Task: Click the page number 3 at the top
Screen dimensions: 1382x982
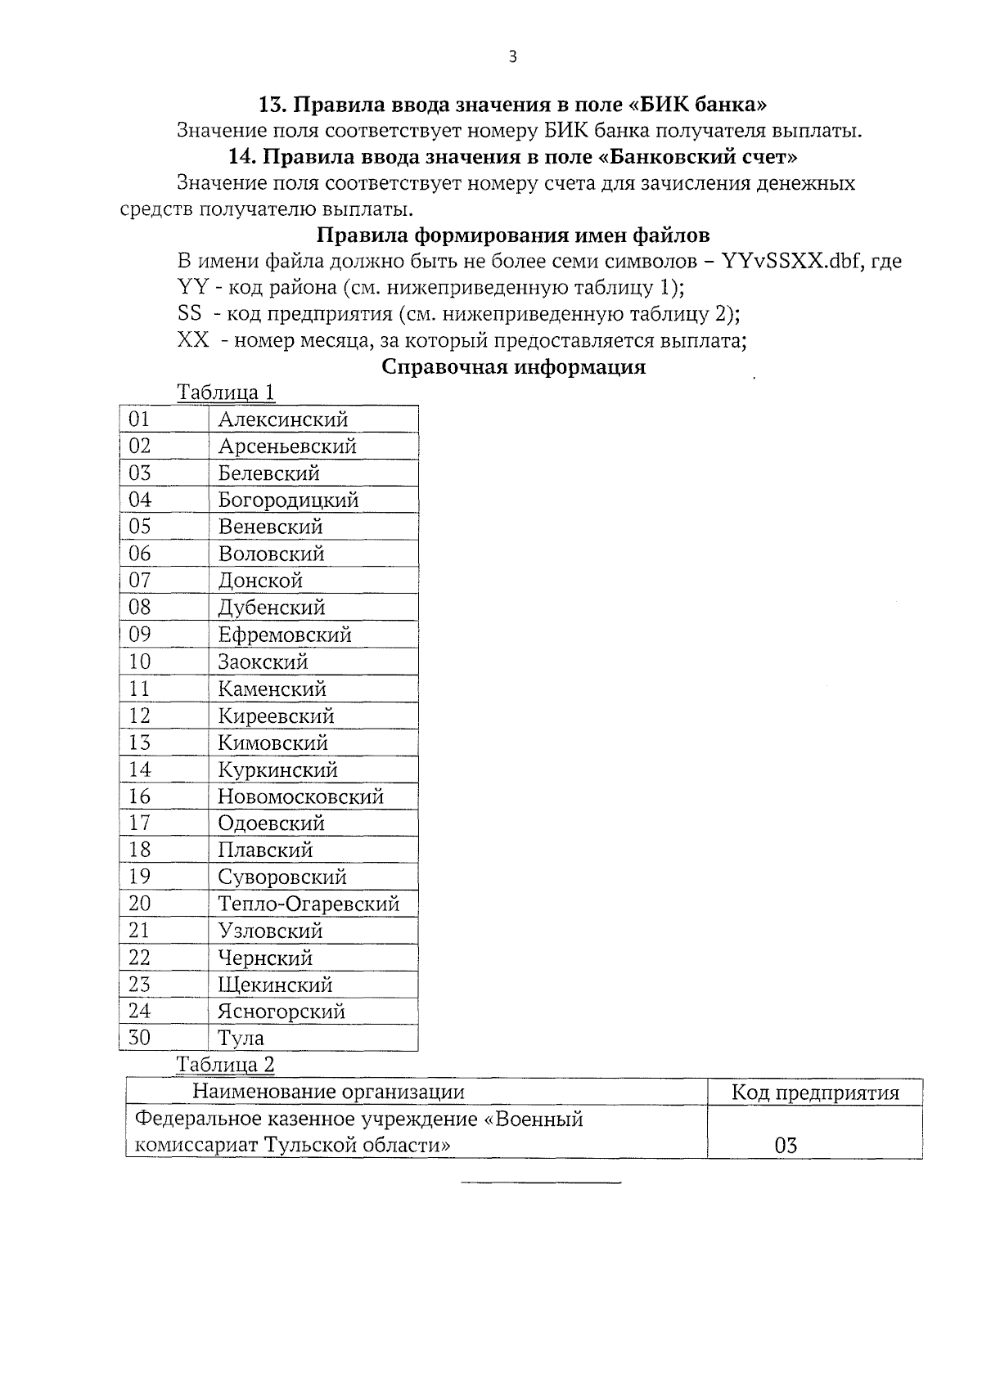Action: click(x=512, y=56)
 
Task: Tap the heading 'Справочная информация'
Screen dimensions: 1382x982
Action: click(x=514, y=367)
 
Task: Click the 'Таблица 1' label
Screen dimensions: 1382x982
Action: click(x=226, y=393)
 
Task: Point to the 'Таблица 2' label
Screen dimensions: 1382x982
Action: click(x=226, y=1065)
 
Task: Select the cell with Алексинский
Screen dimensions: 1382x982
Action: click(x=283, y=420)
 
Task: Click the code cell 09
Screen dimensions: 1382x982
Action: click(x=140, y=635)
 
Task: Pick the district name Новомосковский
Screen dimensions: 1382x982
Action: click(x=300, y=796)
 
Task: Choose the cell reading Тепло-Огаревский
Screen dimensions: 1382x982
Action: click(x=309, y=904)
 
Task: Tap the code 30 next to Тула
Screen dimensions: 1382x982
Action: click(x=140, y=1038)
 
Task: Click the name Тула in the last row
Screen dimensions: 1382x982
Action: click(x=241, y=1039)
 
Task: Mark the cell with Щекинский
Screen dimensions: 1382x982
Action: click(x=275, y=985)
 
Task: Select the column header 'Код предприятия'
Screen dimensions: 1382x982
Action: click(x=814, y=1093)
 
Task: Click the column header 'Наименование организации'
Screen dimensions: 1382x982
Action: click(x=328, y=1093)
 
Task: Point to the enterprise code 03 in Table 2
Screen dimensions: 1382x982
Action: click(x=786, y=1145)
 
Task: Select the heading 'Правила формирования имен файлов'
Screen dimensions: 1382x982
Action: click(x=513, y=236)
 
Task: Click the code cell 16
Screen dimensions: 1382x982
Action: click(x=140, y=796)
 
